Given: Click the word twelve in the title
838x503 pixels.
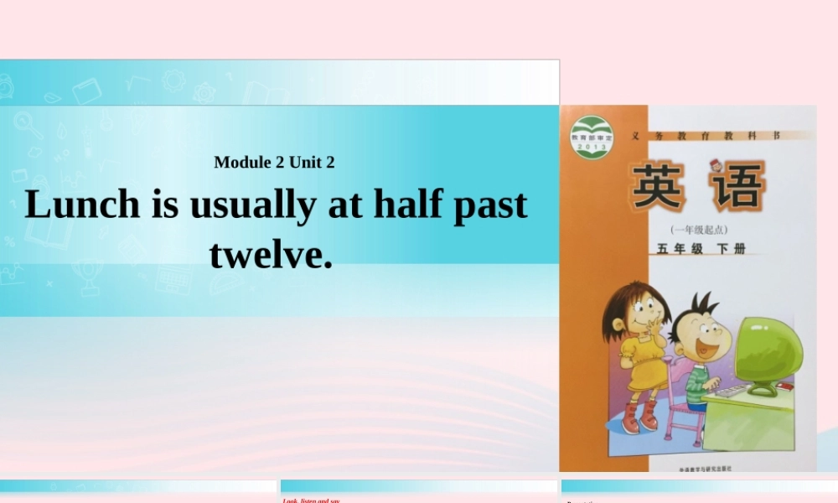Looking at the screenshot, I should point(270,254).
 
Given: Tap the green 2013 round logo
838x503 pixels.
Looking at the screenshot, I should point(592,137).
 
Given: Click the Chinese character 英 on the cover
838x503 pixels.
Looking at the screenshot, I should point(659,186).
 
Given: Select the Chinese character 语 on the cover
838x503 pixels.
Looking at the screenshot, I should point(736,186).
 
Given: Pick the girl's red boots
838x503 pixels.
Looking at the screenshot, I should point(639,417).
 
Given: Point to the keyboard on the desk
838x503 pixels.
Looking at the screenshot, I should point(731,391).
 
